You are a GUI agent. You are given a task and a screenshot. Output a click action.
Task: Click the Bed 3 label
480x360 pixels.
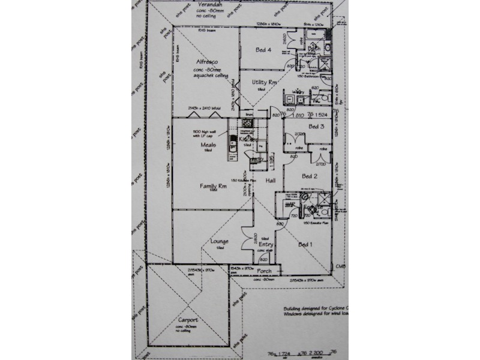click(316, 127)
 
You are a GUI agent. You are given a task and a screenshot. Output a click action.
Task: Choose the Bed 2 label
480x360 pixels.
click(310, 176)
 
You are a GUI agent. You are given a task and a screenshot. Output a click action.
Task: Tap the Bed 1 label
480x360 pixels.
click(305, 244)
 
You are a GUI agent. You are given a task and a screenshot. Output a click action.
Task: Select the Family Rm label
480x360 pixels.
click(212, 187)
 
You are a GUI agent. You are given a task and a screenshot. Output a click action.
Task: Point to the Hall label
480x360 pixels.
click(270, 180)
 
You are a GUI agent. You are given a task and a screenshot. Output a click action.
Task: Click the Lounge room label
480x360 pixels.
click(220, 242)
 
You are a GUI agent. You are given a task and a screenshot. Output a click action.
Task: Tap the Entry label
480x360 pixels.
click(266, 245)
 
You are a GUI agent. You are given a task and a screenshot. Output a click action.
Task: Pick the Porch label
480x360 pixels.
click(265, 271)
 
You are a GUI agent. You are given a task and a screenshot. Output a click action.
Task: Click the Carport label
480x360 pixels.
click(188, 320)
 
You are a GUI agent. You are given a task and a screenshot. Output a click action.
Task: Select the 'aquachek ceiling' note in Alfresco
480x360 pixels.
click(209, 76)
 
